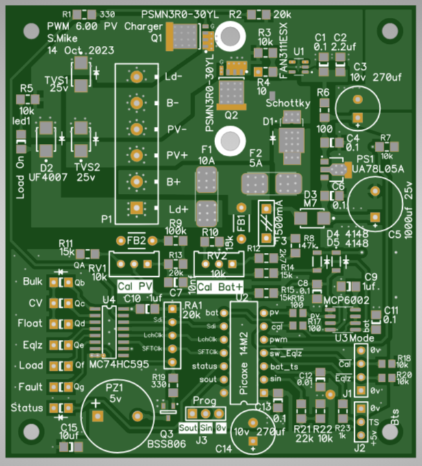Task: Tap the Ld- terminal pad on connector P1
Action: click(x=137, y=77)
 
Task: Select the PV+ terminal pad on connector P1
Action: click(x=137, y=155)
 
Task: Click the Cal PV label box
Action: click(x=135, y=285)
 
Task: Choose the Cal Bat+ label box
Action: click(x=219, y=285)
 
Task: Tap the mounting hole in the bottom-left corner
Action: click(x=32, y=432)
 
